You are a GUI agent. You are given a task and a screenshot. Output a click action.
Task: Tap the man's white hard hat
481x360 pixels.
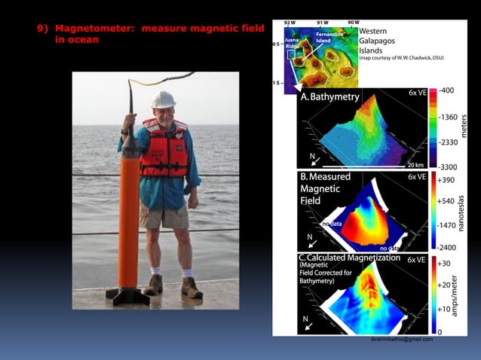(x=163, y=99)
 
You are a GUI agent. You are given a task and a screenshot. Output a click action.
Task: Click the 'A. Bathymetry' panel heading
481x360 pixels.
(x=329, y=97)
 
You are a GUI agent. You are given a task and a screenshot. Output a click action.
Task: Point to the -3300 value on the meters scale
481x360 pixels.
(x=448, y=166)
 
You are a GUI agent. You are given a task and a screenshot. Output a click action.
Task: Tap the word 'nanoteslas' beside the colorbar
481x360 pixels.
(x=473, y=215)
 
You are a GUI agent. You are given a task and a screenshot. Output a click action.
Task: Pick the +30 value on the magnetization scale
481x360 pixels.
(x=444, y=264)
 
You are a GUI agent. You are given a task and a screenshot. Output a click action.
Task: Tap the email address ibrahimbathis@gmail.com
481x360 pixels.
(x=401, y=339)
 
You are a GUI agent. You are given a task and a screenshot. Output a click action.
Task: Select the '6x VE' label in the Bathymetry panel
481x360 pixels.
(x=418, y=92)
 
